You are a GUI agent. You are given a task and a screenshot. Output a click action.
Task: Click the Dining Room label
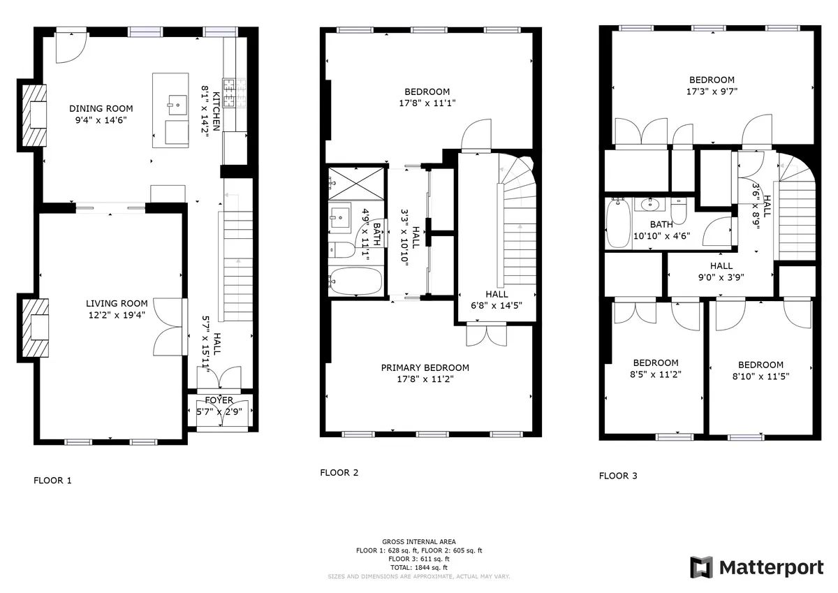coord(101,108)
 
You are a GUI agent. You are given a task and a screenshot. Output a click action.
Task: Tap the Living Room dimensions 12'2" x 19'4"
coord(117,314)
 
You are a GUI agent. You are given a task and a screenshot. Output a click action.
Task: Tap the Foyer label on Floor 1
coord(219,400)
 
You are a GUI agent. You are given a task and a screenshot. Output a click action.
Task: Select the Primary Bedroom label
coord(425,368)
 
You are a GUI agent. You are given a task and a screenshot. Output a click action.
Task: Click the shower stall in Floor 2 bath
coord(356,180)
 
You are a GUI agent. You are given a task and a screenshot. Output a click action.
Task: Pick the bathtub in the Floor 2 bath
coord(356,281)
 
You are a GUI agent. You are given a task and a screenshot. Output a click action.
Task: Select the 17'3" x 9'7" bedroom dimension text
coord(712,91)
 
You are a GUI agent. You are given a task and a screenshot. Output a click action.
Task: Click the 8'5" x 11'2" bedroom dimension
coord(656,374)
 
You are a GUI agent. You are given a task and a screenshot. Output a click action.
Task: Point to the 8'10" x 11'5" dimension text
coord(760,376)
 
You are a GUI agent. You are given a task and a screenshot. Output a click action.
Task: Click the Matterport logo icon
coord(701,567)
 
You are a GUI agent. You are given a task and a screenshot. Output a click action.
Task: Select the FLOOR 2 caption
coord(339,473)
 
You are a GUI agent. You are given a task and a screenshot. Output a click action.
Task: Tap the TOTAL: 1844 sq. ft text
coord(419,568)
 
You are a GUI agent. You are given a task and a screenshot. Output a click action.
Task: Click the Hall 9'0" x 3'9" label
coord(721,271)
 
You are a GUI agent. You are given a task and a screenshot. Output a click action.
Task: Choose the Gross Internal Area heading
coord(419,542)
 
